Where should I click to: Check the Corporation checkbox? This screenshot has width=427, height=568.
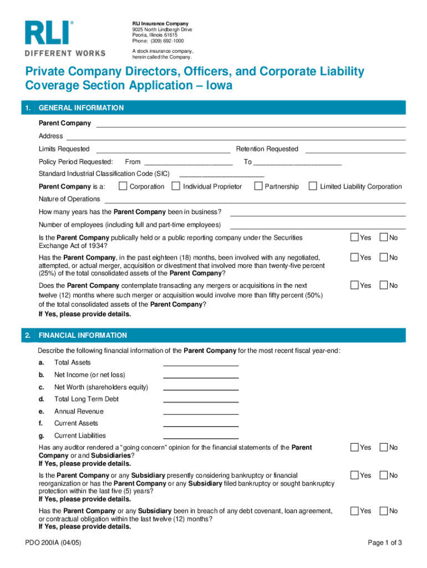tap(123, 186)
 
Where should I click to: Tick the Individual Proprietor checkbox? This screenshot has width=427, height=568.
tap(176, 186)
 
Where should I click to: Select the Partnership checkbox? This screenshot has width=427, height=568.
tap(258, 186)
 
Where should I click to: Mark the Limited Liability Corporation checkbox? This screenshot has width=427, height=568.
tap(313, 186)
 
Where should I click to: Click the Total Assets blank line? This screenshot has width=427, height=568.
tap(201, 365)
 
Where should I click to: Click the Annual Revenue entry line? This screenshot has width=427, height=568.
tap(201, 414)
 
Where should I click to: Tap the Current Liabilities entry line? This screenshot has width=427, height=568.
tap(201, 438)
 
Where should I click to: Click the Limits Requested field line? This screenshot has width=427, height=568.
tap(163, 151)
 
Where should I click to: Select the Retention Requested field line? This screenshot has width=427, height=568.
tap(355, 151)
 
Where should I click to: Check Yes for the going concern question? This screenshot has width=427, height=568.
tap(354, 447)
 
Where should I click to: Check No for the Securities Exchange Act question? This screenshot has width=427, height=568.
tap(383, 237)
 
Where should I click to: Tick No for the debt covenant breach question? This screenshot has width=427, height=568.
tap(383, 510)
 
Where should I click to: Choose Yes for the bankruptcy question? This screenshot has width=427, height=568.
tap(354, 475)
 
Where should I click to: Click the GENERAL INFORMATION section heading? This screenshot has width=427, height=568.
tap(81, 108)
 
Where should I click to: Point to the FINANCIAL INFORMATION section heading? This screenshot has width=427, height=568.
tap(83, 336)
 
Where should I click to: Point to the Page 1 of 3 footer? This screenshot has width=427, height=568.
tap(385, 543)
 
